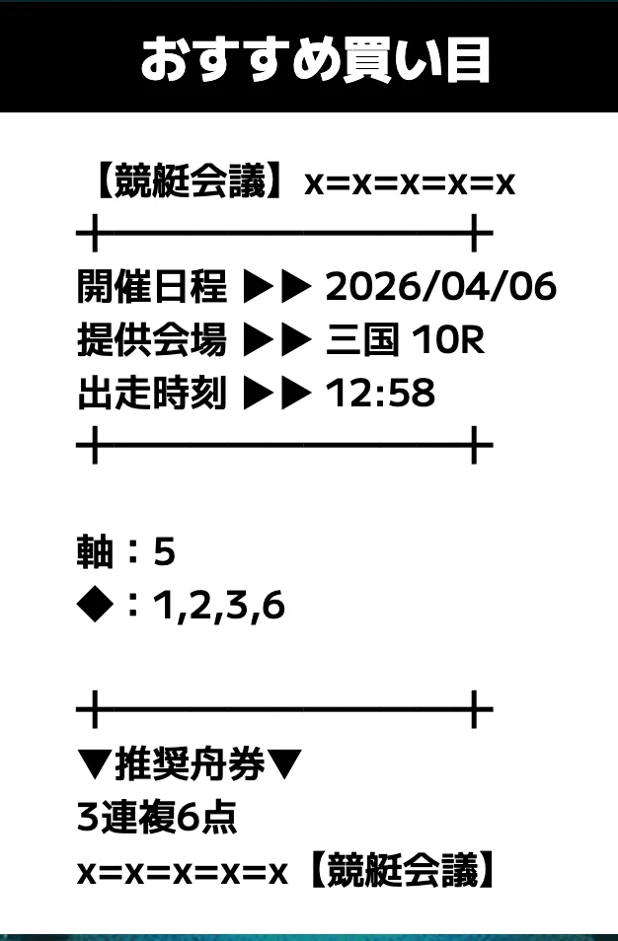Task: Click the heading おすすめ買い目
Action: (x=315, y=59)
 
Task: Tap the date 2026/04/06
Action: (x=441, y=286)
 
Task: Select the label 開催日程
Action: (x=152, y=286)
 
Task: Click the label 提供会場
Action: (x=152, y=339)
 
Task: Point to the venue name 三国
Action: (x=362, y=339)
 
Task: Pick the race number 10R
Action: (x=448, y=339)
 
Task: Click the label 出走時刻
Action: (x=152, y=394)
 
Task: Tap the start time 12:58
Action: (x=380, y=394)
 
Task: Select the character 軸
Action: (x=95, y=551)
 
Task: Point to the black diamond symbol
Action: (x=95, y=605)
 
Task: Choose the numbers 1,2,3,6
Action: (x=219, y=606)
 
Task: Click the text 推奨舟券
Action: (x=190, y=765)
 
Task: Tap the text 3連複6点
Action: (x=157, y=818)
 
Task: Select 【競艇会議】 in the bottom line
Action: (x=399, y=870)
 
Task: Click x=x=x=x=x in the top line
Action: (x=410, y=184)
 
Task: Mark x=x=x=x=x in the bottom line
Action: (x=183, y=874)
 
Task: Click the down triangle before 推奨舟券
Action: (x=95, y=765)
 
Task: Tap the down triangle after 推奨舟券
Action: (x=284, y=765)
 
